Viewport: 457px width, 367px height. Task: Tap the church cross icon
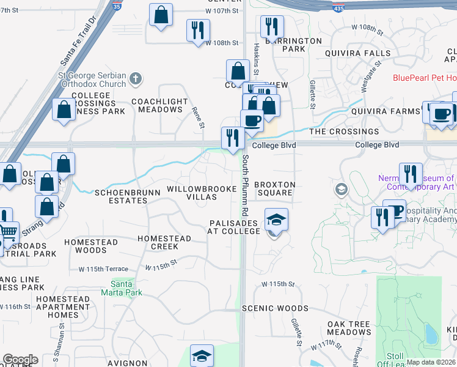136,78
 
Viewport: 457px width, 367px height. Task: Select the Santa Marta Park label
126,288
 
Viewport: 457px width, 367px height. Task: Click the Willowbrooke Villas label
201,193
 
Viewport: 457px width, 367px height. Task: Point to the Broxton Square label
274,188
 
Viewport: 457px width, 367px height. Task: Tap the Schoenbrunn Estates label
127,197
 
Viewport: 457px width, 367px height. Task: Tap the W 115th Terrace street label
103,269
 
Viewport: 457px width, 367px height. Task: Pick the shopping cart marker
8,232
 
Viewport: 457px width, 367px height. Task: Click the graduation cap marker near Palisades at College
276,219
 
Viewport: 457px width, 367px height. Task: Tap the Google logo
20,360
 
